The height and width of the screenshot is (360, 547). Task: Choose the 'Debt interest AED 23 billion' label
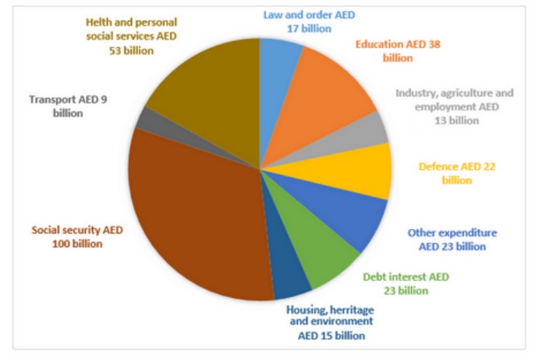406,283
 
